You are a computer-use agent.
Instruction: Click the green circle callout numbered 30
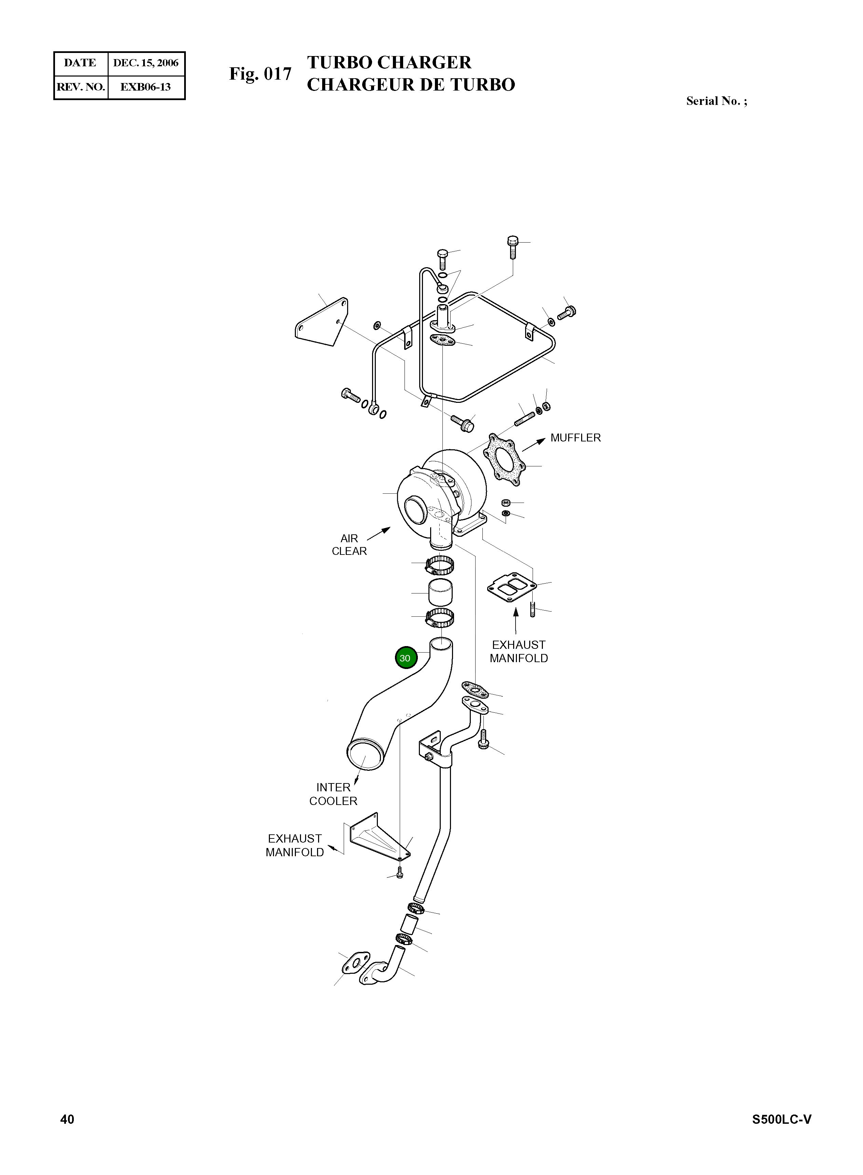[406, 658]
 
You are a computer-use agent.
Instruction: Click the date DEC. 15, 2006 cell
[146, 63]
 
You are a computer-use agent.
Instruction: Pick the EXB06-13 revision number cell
[146, 87]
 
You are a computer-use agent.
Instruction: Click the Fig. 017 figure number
[260, 74]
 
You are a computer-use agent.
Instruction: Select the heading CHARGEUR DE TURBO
[411, 85]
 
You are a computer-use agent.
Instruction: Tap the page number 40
[67, 1119]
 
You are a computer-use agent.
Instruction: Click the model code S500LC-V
[781, 1119]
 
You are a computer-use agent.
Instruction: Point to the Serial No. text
[716, 101]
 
